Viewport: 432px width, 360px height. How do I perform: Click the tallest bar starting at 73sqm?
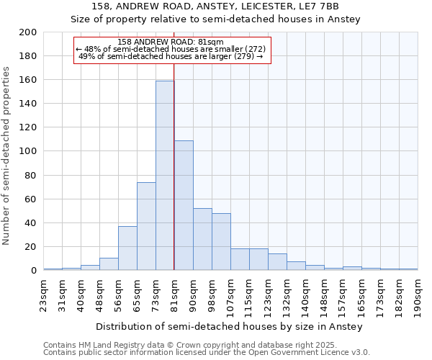[x=165, y=176]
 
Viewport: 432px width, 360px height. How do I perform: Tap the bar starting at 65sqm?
[x=146, y=226]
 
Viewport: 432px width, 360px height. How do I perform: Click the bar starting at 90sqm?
[x=202, y=239]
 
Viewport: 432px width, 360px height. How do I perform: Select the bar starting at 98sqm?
[x=221, y=242]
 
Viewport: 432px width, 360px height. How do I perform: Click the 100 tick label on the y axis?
[x=28, y=151]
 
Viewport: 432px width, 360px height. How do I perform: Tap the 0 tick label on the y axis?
[x=34, y=271]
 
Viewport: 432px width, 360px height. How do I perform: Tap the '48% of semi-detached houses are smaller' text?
[x=171, y=49]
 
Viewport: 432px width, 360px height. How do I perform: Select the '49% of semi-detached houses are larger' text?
[x=171, y=56]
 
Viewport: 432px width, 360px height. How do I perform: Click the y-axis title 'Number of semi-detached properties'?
[x=7, y=155]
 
